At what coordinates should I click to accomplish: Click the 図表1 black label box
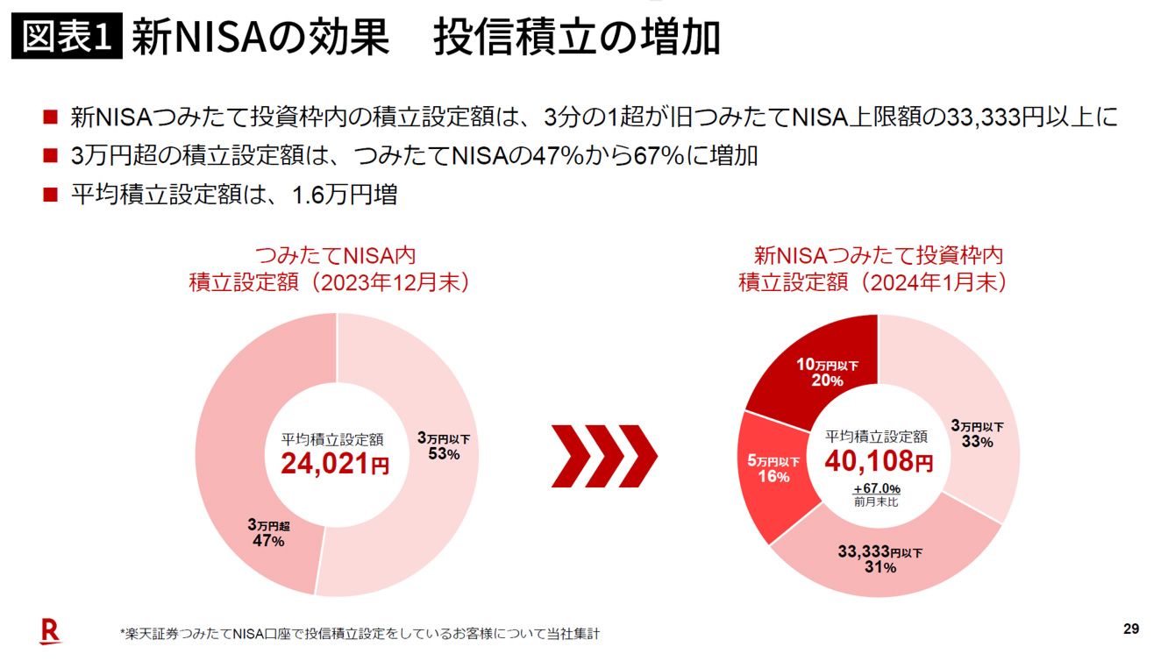click(x=67, y=37)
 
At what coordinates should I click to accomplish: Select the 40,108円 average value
click(x=878, y=460)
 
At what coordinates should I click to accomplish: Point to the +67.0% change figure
click(x=877, y=488)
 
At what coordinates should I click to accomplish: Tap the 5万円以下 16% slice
click(x=773, y=469)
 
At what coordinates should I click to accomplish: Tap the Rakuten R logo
click(x=51, y=630)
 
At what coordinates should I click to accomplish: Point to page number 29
click(x=1130, y=629)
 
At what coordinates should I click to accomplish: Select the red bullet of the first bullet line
click(x=50, y=117)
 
